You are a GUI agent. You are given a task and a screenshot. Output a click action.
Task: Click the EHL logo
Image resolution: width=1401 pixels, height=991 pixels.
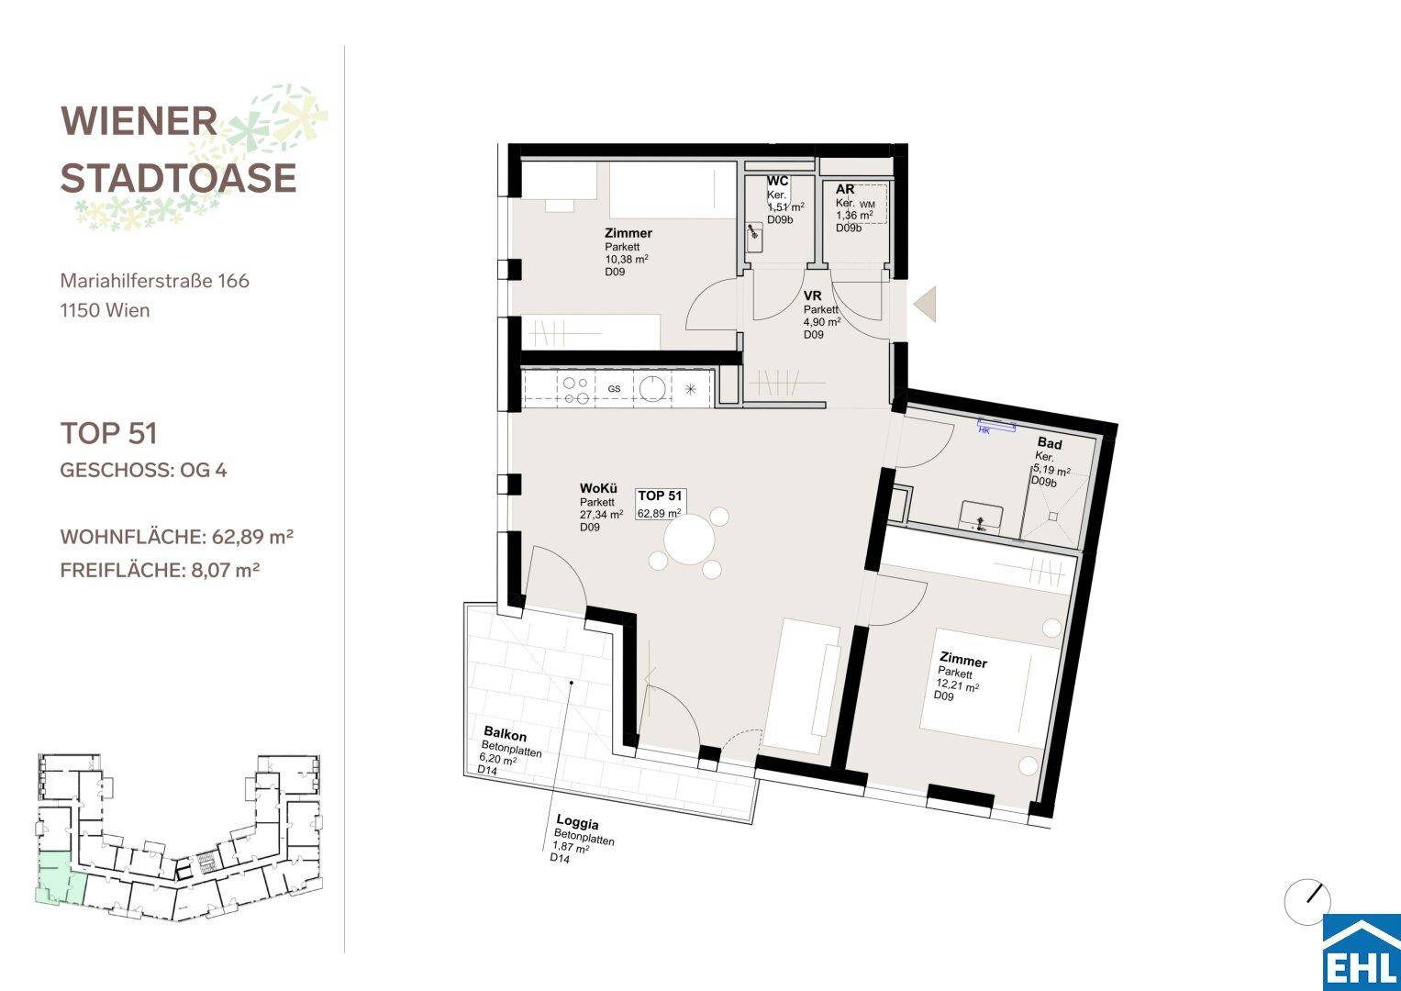click(1362, 952)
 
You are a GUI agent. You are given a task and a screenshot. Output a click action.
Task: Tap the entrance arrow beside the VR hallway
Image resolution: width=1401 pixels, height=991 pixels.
click(925, 304)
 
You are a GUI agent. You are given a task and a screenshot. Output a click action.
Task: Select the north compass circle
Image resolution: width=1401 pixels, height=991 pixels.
click(1307, 902)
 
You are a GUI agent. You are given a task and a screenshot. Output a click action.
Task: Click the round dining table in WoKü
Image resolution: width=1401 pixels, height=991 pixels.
click(689, 540)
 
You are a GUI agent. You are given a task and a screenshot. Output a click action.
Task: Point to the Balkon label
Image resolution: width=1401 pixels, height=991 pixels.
click(505, 733)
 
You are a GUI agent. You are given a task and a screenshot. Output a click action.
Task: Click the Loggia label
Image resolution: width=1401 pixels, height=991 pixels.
click(577, 822)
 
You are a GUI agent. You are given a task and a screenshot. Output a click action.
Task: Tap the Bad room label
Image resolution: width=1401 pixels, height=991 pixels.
click(1050, 443)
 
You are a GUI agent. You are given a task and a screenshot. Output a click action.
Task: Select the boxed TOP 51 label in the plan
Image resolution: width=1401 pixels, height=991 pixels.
click(661, 505)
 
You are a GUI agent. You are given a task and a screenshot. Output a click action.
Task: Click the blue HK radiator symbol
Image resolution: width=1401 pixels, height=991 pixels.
click(996, 426)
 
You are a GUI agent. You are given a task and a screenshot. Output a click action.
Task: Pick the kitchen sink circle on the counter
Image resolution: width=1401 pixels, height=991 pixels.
click(653, 388)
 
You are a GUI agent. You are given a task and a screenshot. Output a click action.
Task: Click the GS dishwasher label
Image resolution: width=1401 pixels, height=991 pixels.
click(614, 388)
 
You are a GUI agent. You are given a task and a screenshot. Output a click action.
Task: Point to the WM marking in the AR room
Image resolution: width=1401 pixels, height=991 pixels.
click(868, 205)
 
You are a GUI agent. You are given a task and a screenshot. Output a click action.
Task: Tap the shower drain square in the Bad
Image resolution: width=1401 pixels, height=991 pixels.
click(1052, 516)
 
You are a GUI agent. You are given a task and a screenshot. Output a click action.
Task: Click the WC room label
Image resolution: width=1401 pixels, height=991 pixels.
click(777, 181)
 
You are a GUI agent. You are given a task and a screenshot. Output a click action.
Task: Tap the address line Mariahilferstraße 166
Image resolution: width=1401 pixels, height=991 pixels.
click(154, 281)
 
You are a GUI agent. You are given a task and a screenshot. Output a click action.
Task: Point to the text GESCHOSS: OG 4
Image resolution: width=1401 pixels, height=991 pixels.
click(143, 470)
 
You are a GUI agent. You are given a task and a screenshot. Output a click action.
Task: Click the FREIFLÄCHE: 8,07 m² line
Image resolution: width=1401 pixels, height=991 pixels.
click(160, 571)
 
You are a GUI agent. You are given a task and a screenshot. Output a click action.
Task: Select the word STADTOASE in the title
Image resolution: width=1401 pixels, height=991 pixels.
click(178, 178)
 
